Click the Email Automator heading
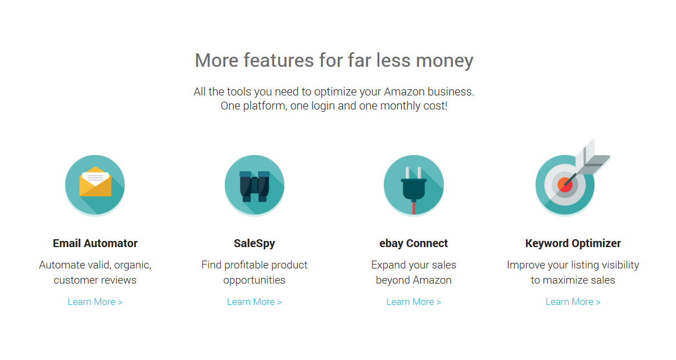tap(95, 243)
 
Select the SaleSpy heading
tap(255, 244)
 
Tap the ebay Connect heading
tap(414, 244)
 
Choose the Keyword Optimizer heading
tap(573, 244)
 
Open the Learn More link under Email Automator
tap(95, 302)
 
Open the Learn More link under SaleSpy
tap(255, 302)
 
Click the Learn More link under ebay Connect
tap(414, 302)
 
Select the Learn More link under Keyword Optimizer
tap(573, 302)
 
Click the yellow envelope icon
tap(96, 181)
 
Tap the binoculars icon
tap(255, 186)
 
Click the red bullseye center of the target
tap(565, 185)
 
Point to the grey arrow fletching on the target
tap(592, 158)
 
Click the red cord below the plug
tap(414, 208)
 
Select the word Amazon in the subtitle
tap(404, 92)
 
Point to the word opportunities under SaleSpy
tap(255, 280)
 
